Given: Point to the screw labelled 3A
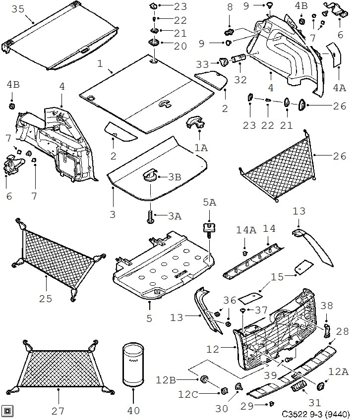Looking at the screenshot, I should click(x=148, y=216).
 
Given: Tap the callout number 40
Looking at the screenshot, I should click(x=133, y=411).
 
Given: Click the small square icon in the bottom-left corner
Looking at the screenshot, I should click(x=7, y=410).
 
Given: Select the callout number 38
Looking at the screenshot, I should click(x=327, y=306).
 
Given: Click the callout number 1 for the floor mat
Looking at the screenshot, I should click(x=100, y=63).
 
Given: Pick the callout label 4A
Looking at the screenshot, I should click(x=340, y=87).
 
